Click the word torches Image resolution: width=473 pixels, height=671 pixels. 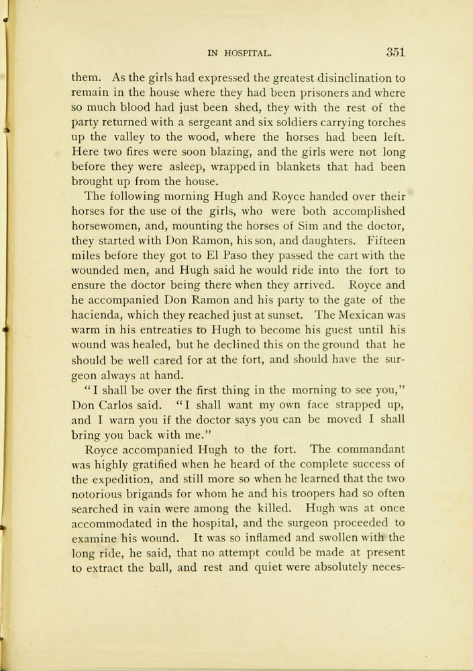pos(384,122)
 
